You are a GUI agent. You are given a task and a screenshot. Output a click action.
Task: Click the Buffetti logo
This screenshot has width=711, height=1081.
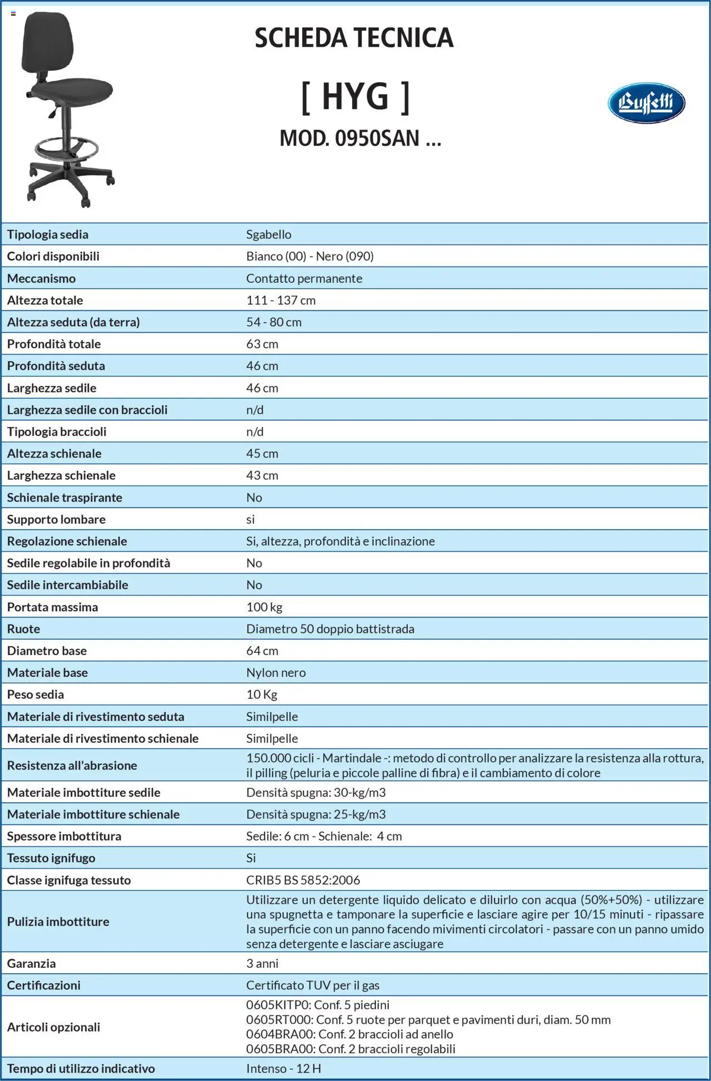(x=646, y=103)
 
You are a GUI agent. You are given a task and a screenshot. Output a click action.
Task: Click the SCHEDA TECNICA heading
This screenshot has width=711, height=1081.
(x=354, y=38)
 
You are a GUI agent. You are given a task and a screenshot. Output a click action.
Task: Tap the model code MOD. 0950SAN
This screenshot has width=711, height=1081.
(x=360, y=138)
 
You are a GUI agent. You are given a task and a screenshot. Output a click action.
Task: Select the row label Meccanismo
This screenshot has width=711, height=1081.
(x=41, y=278)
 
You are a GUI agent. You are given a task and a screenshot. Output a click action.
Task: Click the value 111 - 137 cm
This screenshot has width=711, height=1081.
(x=281, y=300)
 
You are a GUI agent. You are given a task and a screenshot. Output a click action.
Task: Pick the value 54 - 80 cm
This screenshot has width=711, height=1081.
(x=274, y=322)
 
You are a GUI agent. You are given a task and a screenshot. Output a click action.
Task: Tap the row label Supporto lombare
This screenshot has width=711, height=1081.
(x=56, y=519)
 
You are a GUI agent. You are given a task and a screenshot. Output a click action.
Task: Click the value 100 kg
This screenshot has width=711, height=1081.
(x=264, y=607)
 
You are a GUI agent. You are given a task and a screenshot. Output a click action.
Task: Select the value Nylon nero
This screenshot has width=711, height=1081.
(x=276, y=672)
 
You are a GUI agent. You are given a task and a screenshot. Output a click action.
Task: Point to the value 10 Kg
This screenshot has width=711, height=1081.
(x=262, y=695)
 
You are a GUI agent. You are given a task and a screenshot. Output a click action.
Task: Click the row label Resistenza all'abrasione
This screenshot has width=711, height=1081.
(x=72, y=765)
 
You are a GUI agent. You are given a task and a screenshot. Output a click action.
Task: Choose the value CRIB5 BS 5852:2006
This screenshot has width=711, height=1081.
(x=303, y=880)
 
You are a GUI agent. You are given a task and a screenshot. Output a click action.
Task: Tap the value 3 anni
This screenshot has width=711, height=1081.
(x=262, y=963)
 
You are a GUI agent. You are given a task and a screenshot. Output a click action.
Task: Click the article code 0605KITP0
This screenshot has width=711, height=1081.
(x=277, y=1005)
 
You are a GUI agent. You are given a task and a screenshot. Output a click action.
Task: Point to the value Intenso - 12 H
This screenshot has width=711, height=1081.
(x=283, y=1068)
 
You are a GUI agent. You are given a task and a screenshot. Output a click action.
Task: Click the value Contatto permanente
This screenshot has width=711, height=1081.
(x=304, y=278)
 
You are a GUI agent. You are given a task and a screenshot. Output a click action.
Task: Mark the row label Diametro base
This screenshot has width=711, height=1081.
(x=47, y=651)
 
